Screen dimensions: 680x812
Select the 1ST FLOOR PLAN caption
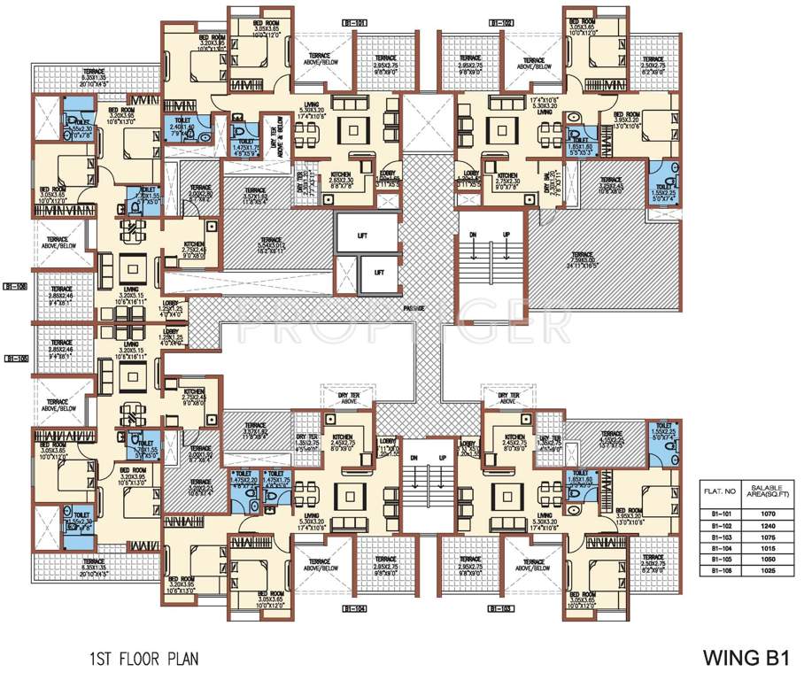pos(143,659)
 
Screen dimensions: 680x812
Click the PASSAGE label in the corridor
pos(412,307)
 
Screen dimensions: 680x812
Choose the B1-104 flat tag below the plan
pos(352,609)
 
